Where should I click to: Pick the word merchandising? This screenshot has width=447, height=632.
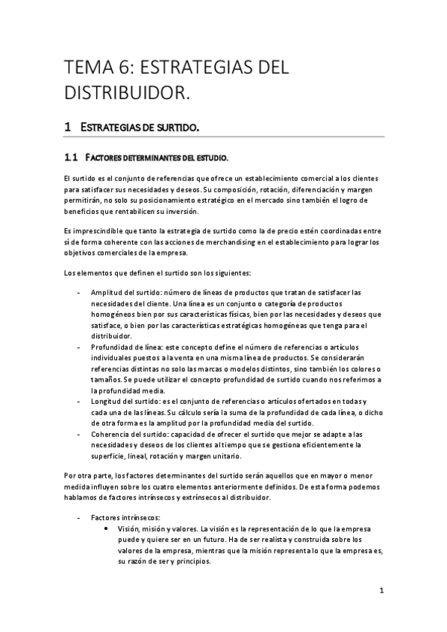(x=236, y=241)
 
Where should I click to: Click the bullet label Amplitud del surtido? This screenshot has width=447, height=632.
(x=123, y=291)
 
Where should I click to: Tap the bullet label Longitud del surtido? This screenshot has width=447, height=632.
(x=122, y=402)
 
